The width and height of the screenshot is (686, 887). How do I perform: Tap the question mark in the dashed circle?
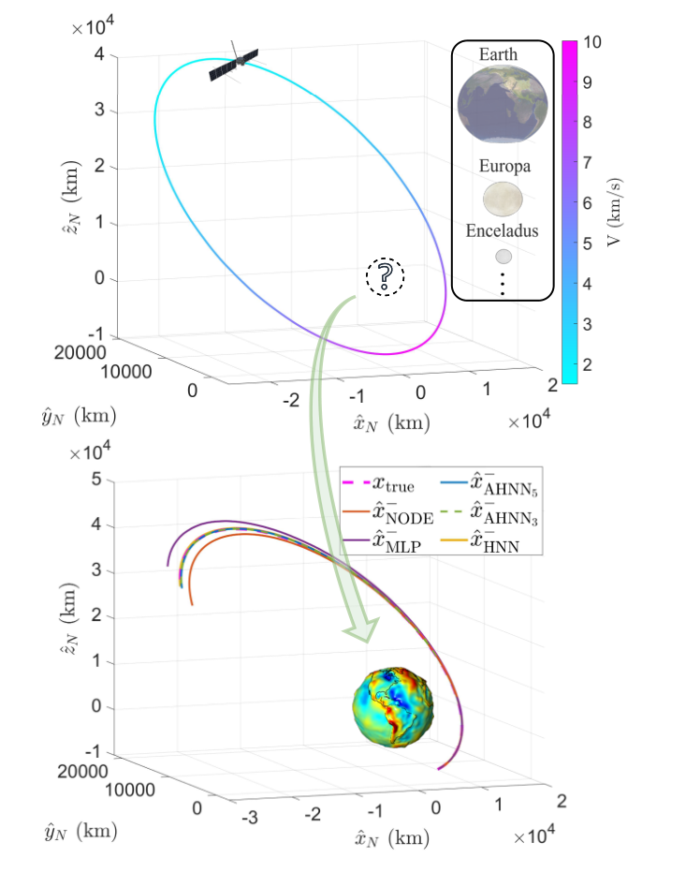coord(385,276)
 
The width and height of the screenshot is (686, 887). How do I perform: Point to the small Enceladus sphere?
coord(503,256)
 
